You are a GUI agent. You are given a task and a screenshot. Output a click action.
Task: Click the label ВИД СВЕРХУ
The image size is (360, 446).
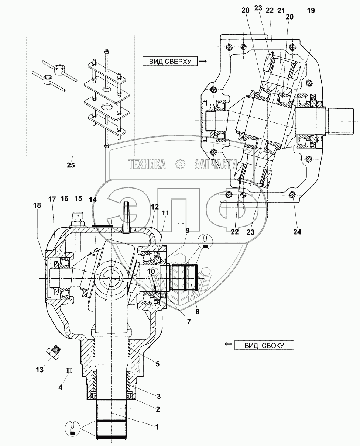click(x=170, y=62)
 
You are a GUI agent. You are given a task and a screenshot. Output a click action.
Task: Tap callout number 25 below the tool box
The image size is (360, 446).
click(x=71, y=165)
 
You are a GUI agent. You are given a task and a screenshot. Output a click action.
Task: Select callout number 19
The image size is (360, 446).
click(x=311, y=10)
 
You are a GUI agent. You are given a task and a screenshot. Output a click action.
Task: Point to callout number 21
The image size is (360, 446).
click(x=281, y=11)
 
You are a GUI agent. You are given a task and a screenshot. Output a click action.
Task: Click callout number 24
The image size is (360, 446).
click(x=297, y=232)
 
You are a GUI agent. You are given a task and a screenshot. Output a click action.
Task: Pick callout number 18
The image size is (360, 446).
click(x=37, y=205)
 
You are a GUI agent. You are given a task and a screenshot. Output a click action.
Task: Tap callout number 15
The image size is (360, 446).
click(x=78, y=198)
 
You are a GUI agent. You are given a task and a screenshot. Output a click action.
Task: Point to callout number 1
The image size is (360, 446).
click(x=157, y=427)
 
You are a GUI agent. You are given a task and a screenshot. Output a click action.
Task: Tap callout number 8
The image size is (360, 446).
click(x=197, y=311)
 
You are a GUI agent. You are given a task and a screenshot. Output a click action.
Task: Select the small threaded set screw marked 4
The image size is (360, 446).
click(x=69, y=370)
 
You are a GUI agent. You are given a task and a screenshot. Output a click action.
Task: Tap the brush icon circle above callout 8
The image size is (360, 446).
click(x=205, y=242)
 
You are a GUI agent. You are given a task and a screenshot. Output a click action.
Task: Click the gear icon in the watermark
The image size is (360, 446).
click(x=180, y=164)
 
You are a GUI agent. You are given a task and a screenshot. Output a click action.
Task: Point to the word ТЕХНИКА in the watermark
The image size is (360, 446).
click(x=147, y=164)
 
